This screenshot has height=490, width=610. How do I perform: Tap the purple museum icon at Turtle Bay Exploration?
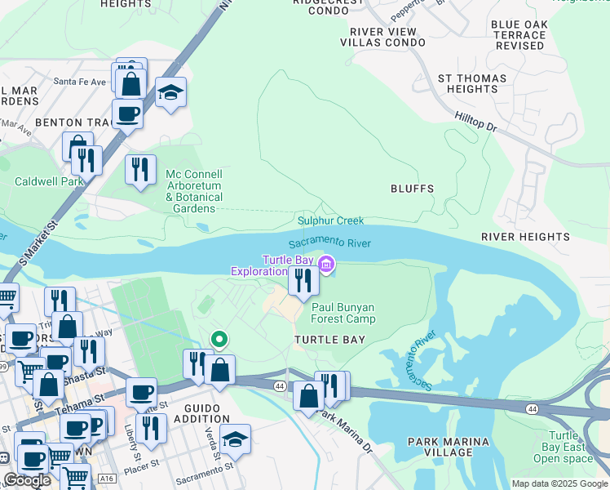[325, 264]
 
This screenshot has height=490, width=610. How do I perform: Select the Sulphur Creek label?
[330, 220]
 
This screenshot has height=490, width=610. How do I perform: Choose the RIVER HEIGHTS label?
[525, 237]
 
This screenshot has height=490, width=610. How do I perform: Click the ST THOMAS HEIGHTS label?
[472, 83]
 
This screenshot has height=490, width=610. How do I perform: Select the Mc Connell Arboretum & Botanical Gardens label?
[194, 192]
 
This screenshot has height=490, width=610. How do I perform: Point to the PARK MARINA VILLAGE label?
[449, 448]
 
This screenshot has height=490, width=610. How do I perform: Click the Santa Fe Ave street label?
[80, 82]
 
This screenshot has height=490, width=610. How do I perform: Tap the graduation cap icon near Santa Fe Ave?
[171, 92]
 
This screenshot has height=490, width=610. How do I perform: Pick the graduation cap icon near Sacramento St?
[235, 439]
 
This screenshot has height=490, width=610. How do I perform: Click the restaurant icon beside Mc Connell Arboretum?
[140, 169]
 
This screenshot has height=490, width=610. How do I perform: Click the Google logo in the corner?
[27, 480]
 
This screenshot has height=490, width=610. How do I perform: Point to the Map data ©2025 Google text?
[559, 483]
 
